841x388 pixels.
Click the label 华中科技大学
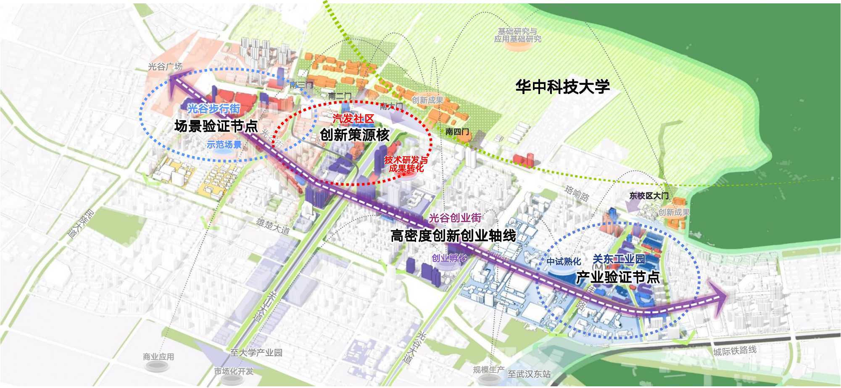562,87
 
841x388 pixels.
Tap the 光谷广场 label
165,66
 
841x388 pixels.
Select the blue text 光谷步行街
214,109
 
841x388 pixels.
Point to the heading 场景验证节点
216,126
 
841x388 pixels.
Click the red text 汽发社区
353,119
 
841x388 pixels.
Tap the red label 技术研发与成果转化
406,164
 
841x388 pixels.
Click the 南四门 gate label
457,132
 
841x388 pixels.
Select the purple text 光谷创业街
455,218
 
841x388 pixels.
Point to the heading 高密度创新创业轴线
453,236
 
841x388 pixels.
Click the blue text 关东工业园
619,259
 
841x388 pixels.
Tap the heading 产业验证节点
617,277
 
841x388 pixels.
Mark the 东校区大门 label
649,196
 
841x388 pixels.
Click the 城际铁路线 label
735,351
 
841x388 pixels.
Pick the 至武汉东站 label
529,374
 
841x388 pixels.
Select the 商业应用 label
158,357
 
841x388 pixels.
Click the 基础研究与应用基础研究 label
517,35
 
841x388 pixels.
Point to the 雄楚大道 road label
273,225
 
